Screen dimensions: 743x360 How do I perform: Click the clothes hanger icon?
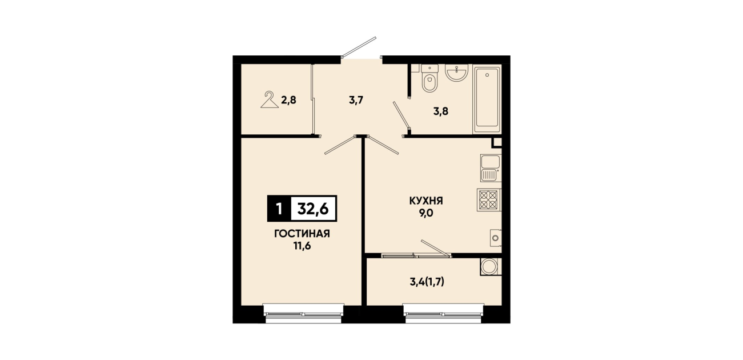(x=270, y=100)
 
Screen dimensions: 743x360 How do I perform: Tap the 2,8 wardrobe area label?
(x=288, y=100)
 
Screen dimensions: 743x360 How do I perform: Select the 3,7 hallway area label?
(x=356, y=100)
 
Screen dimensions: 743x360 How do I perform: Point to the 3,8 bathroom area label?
(x=441, y=111)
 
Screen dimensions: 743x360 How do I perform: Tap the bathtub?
(x=487, y=99)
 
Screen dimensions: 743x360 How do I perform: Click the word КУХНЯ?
(x=426, y=201)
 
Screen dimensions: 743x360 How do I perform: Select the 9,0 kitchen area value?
(x=426, y=213)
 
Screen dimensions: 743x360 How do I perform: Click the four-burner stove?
(x=489, y=200)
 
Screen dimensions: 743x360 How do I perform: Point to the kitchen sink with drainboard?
(x=491, y=168)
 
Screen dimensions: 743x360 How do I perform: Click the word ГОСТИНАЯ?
(x=302, y=234)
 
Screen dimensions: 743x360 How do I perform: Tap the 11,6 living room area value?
(x=302, y=246)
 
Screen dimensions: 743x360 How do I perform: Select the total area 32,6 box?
(x=314, y=209)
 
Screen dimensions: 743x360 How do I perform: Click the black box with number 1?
(x=279, y=209)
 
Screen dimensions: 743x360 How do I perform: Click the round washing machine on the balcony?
(x=489, y=267)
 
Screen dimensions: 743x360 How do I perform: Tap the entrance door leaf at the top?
(x=359, y=47)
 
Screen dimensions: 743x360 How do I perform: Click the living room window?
(x=303, y=314)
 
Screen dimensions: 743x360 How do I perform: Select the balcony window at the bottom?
(x=444, y=314)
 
